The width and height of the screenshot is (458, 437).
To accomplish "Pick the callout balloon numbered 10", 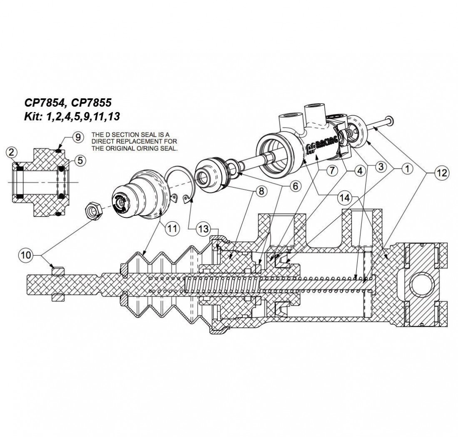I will point(26,255).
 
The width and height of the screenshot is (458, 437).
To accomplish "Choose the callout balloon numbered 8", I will point(261,192).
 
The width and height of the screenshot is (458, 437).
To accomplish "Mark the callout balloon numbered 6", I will point(295,186).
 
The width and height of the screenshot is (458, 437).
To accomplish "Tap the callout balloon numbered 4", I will point(358,170).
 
